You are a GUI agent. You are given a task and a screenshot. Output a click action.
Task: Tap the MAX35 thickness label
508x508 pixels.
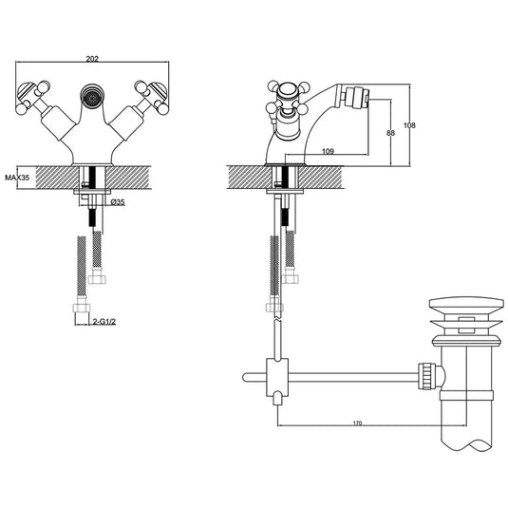point(16,178)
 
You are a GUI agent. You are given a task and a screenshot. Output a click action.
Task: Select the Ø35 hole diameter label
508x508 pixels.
point(119,202)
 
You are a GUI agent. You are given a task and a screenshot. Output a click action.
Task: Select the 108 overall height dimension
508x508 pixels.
point(423,125)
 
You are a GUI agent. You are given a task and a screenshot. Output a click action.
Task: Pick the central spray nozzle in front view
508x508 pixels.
point(92,97)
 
